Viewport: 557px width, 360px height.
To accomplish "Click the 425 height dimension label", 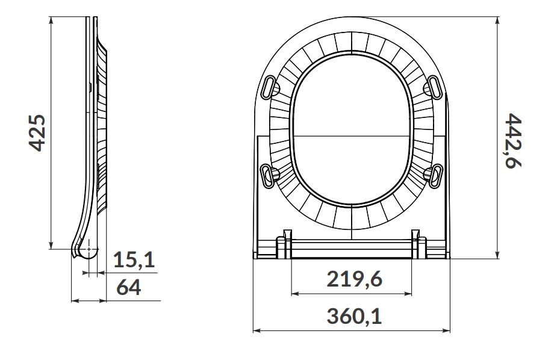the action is [x=37, y=133].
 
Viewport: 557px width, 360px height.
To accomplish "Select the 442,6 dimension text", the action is [x=513, y=141].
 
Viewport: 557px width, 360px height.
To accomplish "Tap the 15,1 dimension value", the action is [x=134, y=260].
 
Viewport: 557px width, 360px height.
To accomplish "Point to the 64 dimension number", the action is [x=129, y=287].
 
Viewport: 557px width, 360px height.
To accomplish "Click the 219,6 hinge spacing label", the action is [x=354, y=279].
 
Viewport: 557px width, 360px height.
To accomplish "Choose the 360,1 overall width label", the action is [x=354, y=316].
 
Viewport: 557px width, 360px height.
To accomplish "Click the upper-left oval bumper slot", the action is [x=269, y=87].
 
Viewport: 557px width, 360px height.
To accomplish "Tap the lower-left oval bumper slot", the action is [x=267, y=176].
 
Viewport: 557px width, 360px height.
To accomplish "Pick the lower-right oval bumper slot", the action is [x=435, y=176].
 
